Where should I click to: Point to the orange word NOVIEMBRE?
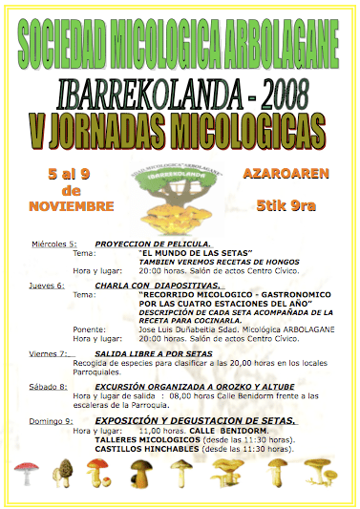pyautogui.click(x=71, y=206)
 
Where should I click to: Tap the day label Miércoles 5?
pyautogui.click(x=53, y=244)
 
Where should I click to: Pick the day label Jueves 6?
pyautogui.click(x=48, y=285)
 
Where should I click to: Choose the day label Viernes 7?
pyautogui.click(x=51, y=353)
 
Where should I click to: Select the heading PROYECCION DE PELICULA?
pyautogui.click(x=146, y=244)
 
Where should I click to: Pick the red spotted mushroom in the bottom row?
pyautogui.click(x=28, y=473)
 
